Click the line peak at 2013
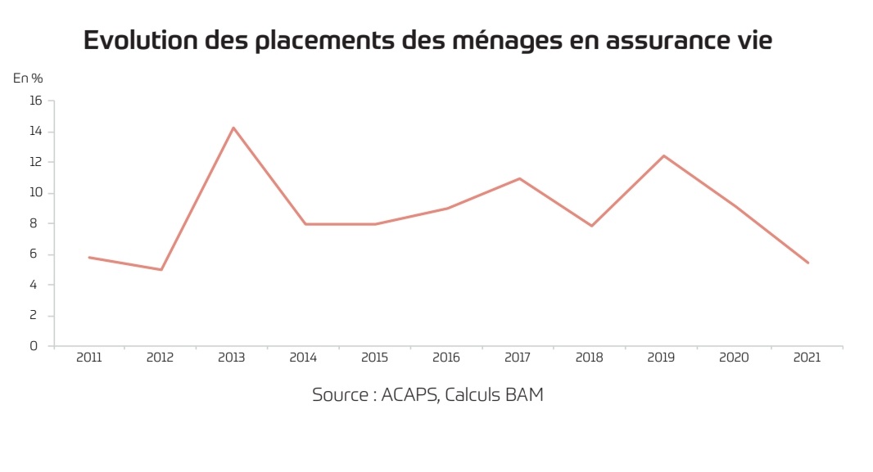[x=233, y=128]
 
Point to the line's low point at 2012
[x=161, y=270]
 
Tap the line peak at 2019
[x=663, y=155]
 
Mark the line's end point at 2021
[x=807, y=263]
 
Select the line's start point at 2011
[x=89, y=258]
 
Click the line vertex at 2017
[x=519, y=178]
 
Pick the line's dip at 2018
[x=591, y=226]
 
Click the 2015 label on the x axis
[x=375, y=358]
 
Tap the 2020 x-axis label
[x=735, y=358]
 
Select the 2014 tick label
[x=304, y=358]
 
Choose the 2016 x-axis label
[x=447, y=358]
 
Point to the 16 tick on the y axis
[x=35, y=101]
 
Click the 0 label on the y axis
[x=34, y=346]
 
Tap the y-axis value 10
[x=35, y=193]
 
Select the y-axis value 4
[x=34, y=285]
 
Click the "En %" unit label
[x=28, y=78]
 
